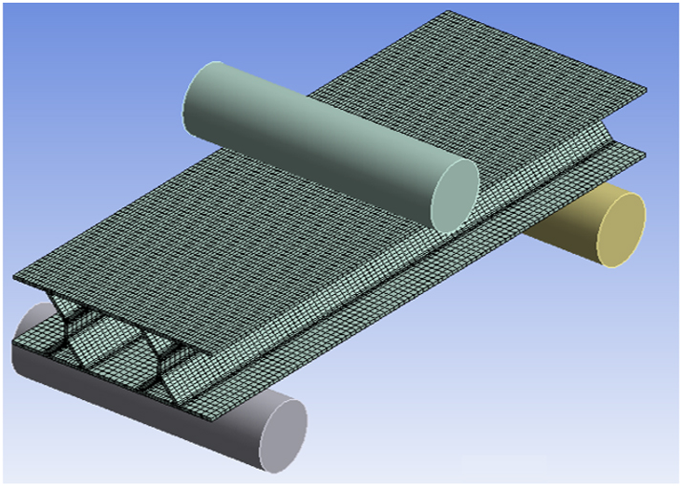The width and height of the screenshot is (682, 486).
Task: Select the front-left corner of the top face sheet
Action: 15,280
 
